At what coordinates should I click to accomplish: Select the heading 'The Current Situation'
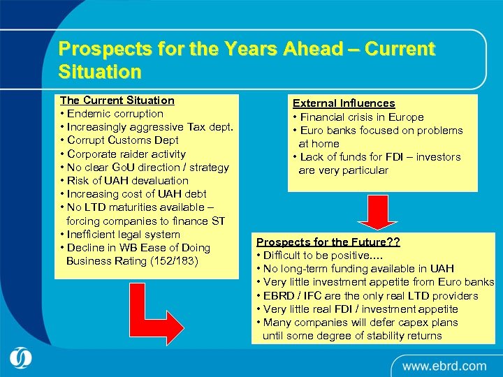(x=117, y=101)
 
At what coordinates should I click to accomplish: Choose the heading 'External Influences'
(x=344, y=103)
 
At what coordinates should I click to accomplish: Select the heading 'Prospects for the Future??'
(x=328, y=242)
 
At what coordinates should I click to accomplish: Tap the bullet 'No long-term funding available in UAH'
(x=358, y=269)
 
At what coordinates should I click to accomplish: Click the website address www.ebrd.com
(x=444, y=365)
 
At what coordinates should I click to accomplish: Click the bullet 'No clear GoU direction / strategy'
(x=145, y=168)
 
